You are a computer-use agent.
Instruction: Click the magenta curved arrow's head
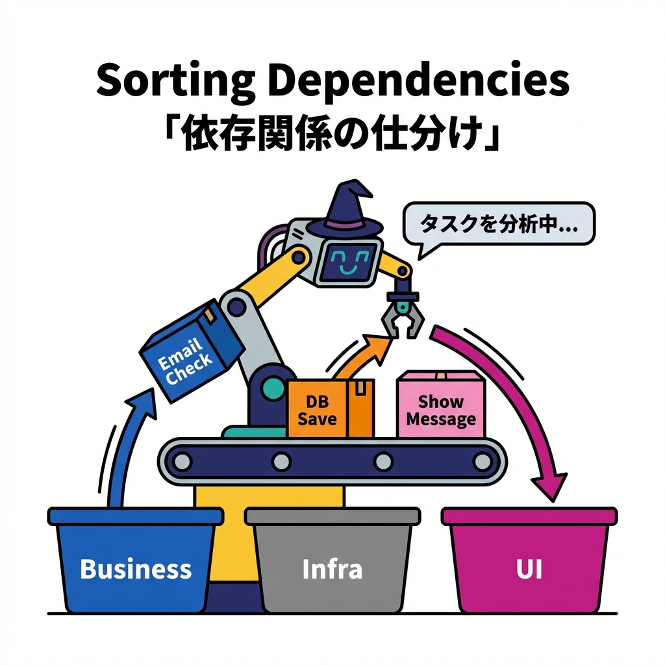pyautogui.click(x=547, y=484)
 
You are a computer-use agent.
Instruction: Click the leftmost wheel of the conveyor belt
pyautogui.click(x=183, y=462)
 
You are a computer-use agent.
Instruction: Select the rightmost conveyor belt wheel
pyautogui.click(x=482, y=462)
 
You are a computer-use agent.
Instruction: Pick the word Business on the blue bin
pyautogui.click(x=136, y=569)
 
